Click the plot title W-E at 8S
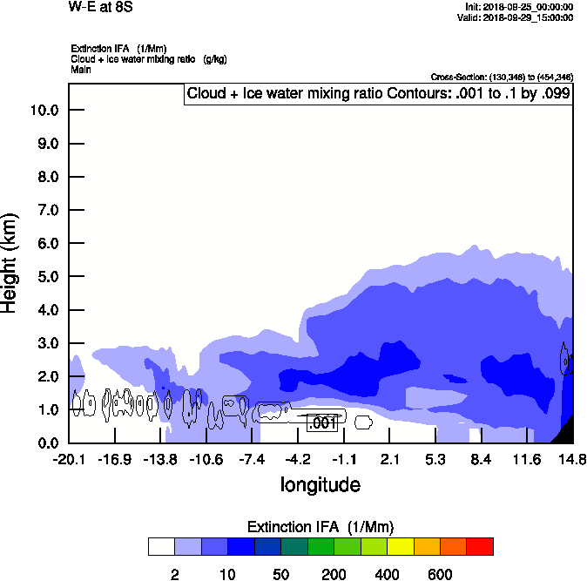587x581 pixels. [100, 7]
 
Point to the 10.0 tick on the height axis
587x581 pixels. [44, 111]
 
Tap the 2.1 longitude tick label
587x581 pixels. [389, 459]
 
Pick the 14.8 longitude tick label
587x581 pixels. [571, 459]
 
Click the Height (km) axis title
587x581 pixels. [11, 262]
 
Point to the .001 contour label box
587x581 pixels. [322, 423]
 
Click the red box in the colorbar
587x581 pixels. [479, 546]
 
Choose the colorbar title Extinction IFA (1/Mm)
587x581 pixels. [320, 527]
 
